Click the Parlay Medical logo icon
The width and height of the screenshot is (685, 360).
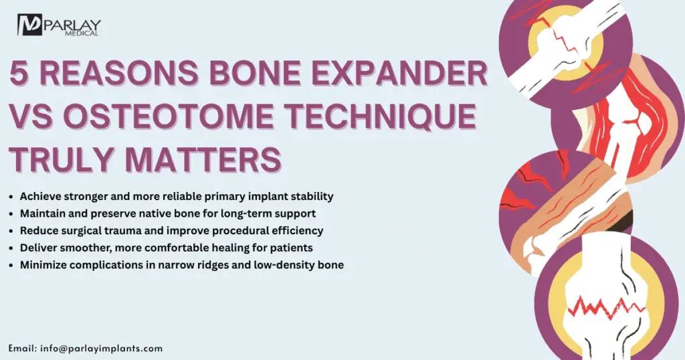(x=30, y=25)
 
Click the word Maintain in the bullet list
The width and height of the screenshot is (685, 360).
(x=43, y=213)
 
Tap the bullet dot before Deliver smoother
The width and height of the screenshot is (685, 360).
(x=11, y=248)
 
